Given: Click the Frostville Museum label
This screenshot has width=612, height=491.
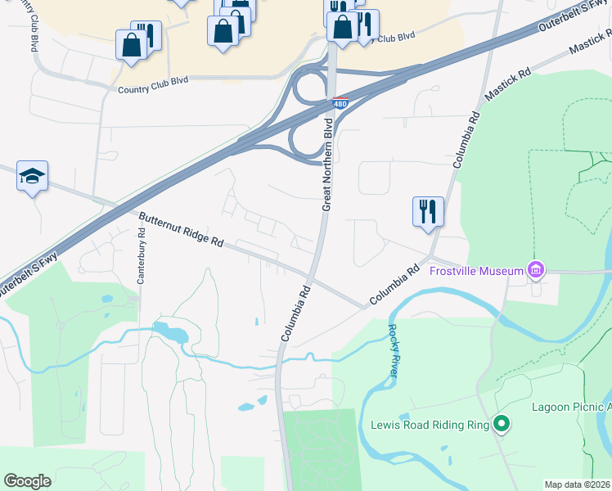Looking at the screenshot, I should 478,271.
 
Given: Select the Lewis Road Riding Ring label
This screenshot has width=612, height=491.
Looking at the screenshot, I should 430,425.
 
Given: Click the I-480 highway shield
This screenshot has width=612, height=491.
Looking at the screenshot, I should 341,104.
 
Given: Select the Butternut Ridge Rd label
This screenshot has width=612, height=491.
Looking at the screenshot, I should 181,231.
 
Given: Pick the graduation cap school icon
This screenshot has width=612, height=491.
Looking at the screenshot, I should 32,176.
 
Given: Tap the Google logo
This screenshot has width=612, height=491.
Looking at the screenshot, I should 27,480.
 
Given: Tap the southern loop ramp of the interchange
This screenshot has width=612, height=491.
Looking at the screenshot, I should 308,142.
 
